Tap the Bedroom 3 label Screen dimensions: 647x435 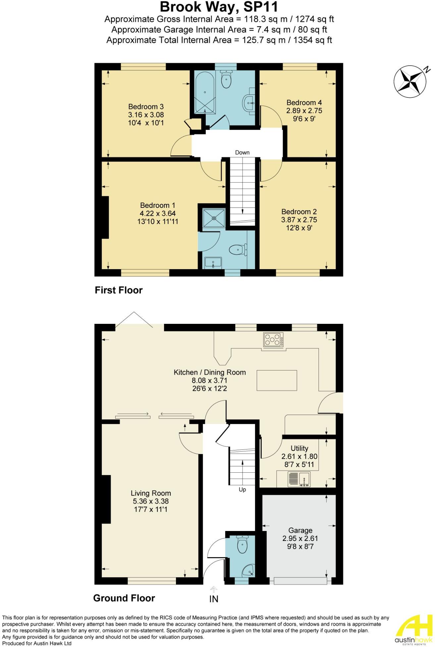pos(146,107)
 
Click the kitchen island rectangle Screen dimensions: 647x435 pos(277,381)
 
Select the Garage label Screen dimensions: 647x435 pos(300,530)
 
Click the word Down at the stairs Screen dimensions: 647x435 pos(242,152)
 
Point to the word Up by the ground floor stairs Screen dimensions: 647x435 pos(242,490)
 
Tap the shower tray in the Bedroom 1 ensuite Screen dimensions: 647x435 pos(214,218)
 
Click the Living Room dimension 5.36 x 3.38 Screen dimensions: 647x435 pos(151,501)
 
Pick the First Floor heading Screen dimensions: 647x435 pos(119,290)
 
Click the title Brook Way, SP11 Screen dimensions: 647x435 pos(219,7)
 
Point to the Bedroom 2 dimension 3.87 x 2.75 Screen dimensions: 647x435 pos(299,220)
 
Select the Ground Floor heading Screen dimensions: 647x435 pos(124,598)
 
